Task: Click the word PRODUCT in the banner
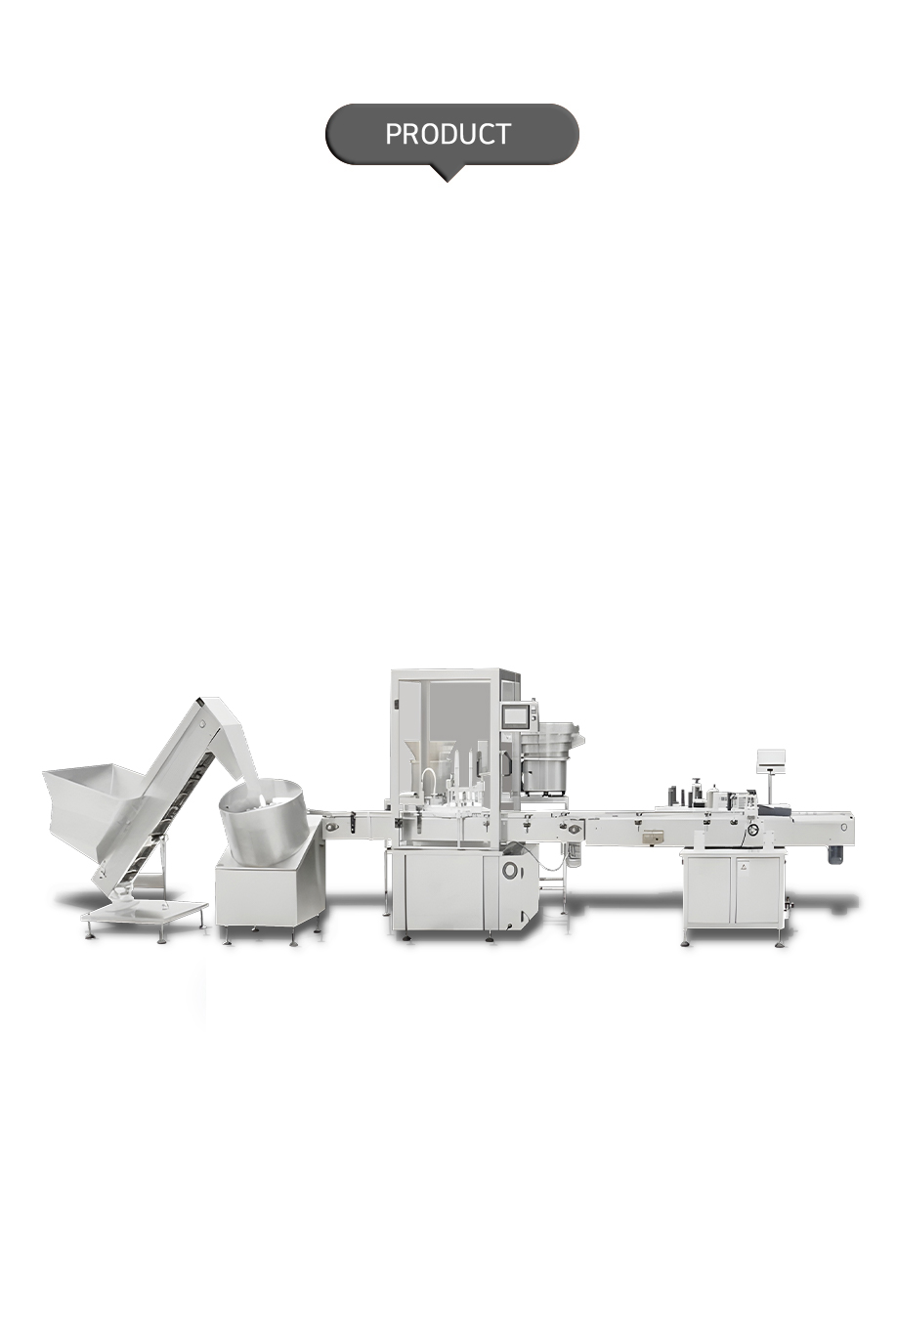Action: click(448, 134)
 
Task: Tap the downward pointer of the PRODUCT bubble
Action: click(447, 173)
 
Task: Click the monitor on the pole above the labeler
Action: click(771, 758)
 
